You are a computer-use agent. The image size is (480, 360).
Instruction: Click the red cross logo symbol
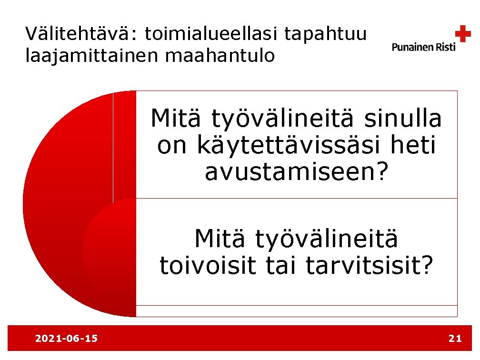pos(462,34)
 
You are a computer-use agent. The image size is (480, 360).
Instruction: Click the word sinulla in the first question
pos(403,119)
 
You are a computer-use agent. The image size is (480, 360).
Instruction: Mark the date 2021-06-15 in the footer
pos(67,339)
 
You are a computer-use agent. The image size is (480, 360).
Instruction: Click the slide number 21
pos(455,339)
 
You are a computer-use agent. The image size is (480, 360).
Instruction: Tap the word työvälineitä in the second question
pos(327,240)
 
